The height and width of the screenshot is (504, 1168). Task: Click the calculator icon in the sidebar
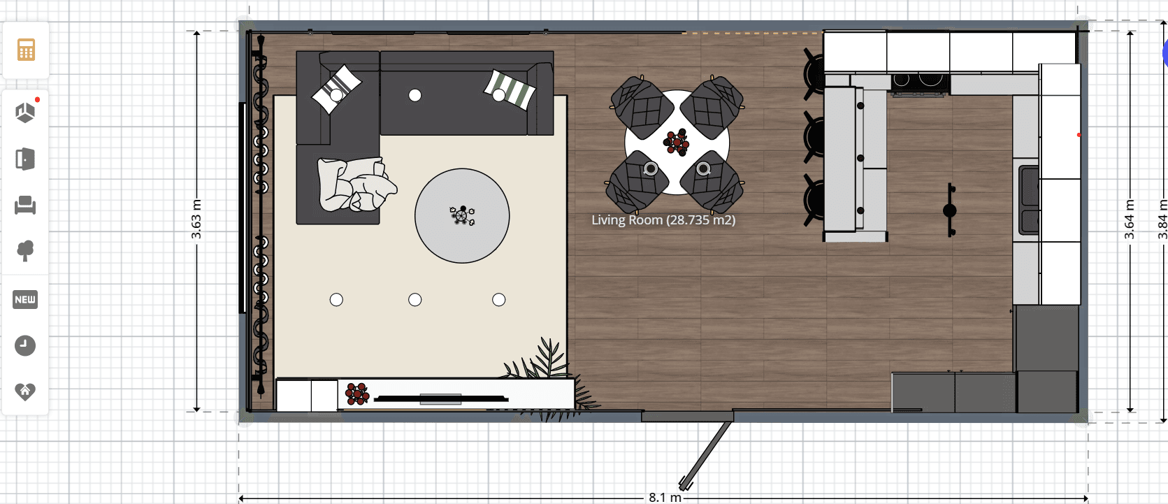[26, 50]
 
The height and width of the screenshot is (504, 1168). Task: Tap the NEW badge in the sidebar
[25, 300]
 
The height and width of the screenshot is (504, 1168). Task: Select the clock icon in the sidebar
[25, 345]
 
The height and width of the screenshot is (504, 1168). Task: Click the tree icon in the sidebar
[25, 250]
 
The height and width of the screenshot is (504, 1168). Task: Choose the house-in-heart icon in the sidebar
[25, 391]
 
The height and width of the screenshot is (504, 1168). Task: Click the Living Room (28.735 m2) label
[663, 220]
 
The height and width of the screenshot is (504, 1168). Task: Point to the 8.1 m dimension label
[665, 498]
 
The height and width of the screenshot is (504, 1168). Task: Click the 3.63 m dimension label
[196, 219]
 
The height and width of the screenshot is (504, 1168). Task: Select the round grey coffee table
[462, 216]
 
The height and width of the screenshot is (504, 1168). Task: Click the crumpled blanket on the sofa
[356, 185]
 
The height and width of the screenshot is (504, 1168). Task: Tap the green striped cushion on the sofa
[510, 89]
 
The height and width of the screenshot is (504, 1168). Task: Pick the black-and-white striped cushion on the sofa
[336, 89]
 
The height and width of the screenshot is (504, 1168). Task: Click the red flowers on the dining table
[677, 142]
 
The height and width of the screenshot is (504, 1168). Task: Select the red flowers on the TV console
[357, 394]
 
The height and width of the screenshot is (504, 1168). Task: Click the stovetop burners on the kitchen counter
[920, 83]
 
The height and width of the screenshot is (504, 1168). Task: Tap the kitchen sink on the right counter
[1029, 201]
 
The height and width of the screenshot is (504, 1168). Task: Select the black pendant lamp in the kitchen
[950, 210]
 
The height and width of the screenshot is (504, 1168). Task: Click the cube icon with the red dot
[25, 112]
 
